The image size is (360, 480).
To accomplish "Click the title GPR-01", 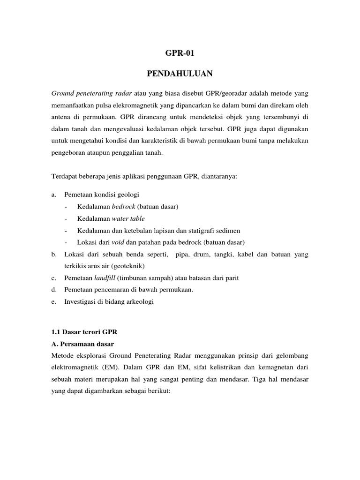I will coord(180,53).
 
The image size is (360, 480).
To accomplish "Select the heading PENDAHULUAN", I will coord(180,74).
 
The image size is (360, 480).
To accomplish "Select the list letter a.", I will coord(53,194).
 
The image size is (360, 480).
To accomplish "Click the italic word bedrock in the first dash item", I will coord(122,206).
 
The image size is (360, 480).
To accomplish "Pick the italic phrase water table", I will coord(128,218).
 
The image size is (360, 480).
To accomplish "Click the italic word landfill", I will coord(105,278).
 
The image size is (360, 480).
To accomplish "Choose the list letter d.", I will coord(53,290).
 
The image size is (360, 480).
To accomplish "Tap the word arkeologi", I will coord(139,302).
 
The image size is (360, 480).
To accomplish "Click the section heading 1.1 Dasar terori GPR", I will coord(84,332).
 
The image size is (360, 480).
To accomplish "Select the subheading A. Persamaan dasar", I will coord(81,344).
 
